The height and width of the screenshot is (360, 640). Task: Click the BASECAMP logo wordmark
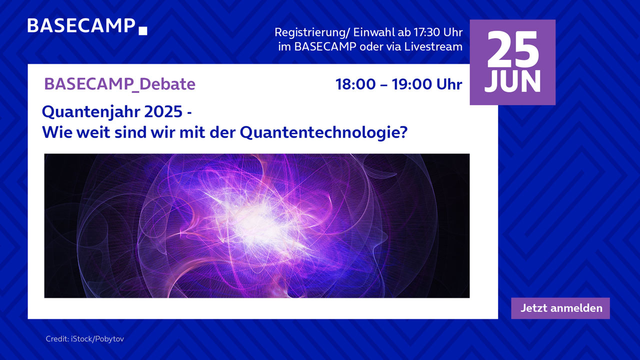[81, 25]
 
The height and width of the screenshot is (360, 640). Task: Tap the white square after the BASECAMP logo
[143, 31]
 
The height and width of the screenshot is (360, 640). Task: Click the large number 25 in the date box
[513, 49]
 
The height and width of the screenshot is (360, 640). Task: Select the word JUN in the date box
[512, 81]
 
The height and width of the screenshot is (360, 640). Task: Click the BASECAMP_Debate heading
[119, 84]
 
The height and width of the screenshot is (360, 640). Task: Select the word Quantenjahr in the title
[91, 112]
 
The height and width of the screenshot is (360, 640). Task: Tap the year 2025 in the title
[163, 111]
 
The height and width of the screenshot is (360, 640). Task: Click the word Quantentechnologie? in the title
[323, 132]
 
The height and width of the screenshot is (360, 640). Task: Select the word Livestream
[433, 46]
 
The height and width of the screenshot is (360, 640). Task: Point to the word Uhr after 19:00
[449, 84]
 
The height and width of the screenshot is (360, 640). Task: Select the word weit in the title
[93, 132]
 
